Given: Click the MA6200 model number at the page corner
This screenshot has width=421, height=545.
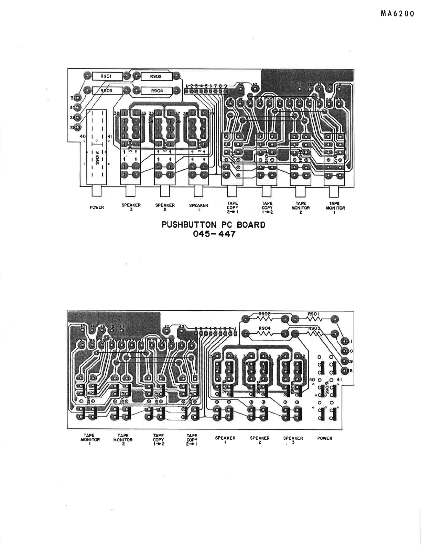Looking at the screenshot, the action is click(397, 14).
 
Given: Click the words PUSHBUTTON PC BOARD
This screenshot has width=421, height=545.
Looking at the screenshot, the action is click(213, 225).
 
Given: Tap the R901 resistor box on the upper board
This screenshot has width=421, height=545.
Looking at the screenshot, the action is click(107, 76).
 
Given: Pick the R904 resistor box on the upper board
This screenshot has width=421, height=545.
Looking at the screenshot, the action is click(156, 91).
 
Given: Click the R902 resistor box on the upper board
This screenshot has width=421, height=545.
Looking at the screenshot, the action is click(155, 76).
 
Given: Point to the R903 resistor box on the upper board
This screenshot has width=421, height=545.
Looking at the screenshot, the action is click(107, 91).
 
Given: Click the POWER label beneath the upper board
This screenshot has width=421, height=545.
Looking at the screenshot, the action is click(97, 207).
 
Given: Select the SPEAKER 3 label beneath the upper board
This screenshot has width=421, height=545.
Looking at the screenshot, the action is click(131, 207).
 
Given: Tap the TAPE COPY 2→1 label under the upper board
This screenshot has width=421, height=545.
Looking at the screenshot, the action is click(233, 207).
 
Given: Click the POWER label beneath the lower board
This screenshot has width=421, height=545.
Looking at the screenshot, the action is click(325, 438).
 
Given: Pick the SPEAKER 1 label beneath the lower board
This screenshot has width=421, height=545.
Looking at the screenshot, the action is click(225, 440).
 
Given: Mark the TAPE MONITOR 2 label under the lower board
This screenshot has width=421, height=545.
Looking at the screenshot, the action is click(123, 440).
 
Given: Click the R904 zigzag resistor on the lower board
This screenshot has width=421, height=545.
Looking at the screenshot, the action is click(265, 333).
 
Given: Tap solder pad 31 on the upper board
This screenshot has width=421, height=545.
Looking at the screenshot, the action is click(78, 98).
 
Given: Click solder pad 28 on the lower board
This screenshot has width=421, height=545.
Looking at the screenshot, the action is click(345, 371).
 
